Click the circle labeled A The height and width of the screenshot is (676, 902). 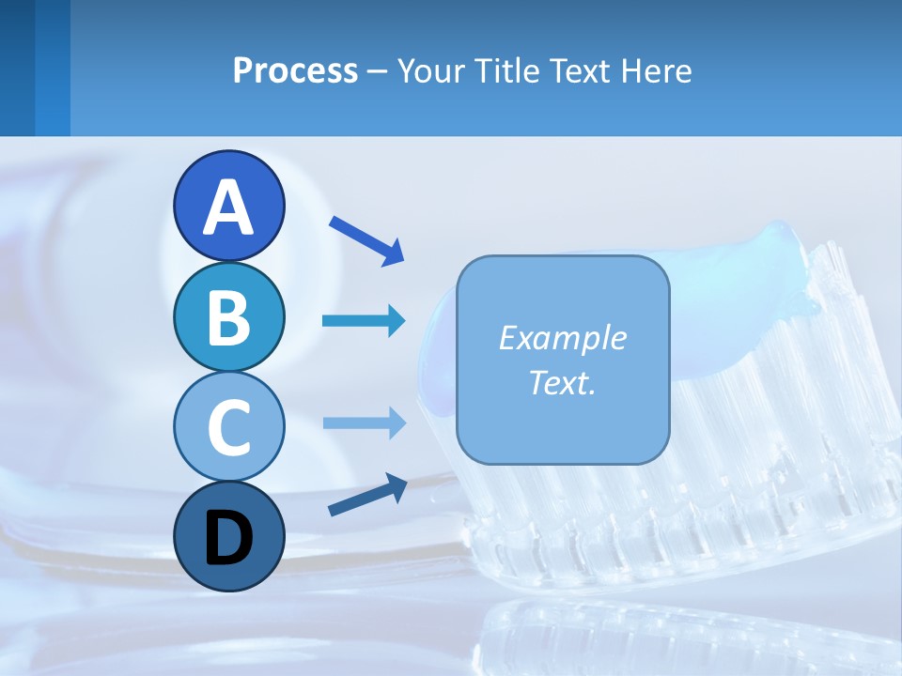pos(228,206)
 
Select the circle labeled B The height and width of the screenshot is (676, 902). pos(228,315)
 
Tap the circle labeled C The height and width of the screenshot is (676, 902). pos(228,425)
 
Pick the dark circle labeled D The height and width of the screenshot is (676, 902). pos(228,536)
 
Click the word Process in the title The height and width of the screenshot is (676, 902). pos(295,70)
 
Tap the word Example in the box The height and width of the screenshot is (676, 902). pos(562,338)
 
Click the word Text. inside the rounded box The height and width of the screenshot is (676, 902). pos(562,382)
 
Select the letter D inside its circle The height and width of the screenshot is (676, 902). pos(228,538)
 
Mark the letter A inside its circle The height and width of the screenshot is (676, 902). pos(228,207)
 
